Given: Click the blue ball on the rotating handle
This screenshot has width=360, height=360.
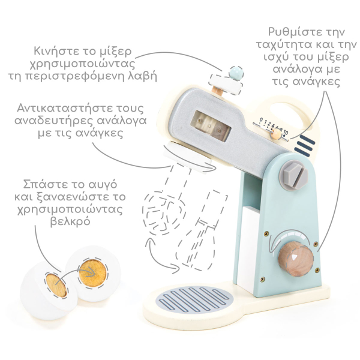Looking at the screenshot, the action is click(x=236, y=73).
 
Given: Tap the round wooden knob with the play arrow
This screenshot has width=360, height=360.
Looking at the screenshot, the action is click(x=295, y=259).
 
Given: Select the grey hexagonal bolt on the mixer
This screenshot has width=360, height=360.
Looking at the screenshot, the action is click(x=293, y=175).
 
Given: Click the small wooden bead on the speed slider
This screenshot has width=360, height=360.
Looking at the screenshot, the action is click(x=276, y=134).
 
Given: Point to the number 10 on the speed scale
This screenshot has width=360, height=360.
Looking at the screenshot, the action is click(x=286, y=133).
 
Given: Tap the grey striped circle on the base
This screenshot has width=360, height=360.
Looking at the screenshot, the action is click(x=194, y=299).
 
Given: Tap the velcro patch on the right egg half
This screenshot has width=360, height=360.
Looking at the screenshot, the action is click(x=93, y=273).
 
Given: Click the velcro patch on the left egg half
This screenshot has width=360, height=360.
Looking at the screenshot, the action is click(x=56, y=286).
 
